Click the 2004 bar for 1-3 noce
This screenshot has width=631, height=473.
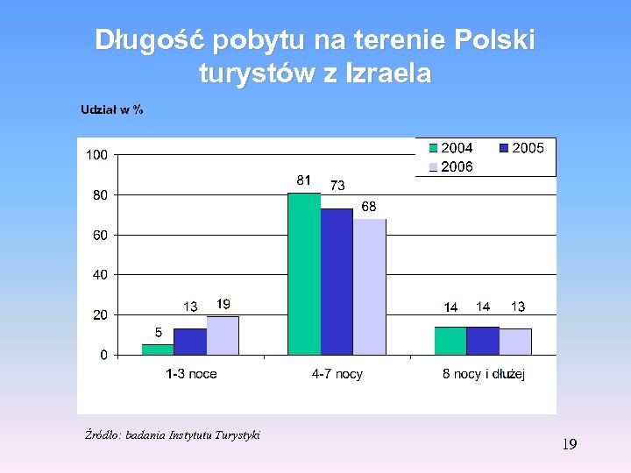158,349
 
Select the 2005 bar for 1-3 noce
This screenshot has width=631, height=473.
189,342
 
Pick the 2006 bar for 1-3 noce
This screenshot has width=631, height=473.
223,335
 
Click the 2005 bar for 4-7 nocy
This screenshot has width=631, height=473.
337,281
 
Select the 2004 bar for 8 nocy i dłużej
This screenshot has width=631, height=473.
450,341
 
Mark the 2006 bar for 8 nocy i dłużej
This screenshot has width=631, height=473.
515,342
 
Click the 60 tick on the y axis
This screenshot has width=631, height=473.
100,235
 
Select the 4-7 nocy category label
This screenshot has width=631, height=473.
337,374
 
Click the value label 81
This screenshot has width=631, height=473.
303,180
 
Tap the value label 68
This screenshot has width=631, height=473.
369,206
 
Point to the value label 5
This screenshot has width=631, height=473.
158,333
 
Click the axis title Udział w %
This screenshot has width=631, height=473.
112,109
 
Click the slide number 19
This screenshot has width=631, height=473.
569,445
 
